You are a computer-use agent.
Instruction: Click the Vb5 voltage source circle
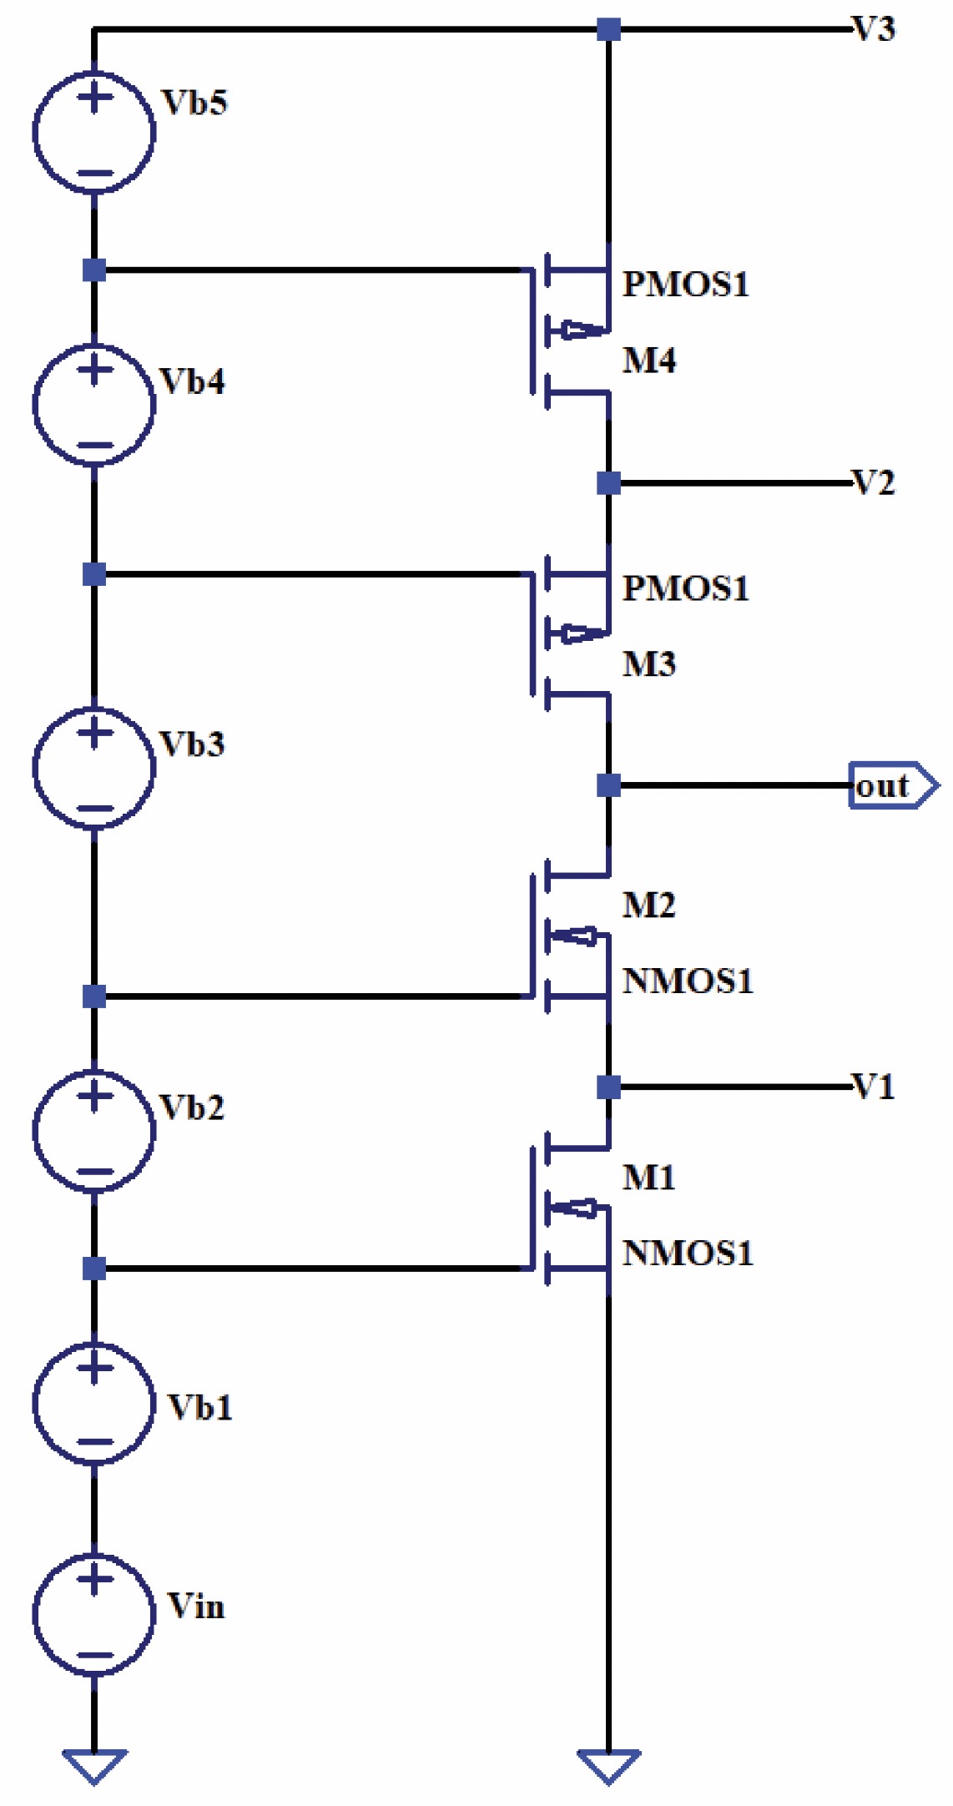94,133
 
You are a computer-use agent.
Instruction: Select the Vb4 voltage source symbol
94,405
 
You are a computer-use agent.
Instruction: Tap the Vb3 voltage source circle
94,768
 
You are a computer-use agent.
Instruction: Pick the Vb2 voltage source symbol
94,1131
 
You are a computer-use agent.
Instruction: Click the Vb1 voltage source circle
94,1404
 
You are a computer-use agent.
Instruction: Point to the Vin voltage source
94,1615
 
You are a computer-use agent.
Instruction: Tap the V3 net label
874,29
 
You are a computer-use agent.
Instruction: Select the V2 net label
874,482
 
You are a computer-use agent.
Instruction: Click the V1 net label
874,1087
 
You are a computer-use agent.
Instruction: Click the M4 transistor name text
649,361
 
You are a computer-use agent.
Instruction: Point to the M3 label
649,664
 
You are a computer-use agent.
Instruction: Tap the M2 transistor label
649,906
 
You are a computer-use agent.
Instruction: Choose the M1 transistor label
649,1178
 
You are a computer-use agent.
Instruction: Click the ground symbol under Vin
94,1764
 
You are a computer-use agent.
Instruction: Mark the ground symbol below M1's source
609,1764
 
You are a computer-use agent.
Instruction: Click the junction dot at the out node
609,785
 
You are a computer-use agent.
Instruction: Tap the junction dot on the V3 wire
609,29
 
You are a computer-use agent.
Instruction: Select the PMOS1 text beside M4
686,285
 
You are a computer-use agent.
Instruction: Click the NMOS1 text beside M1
688,1253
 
